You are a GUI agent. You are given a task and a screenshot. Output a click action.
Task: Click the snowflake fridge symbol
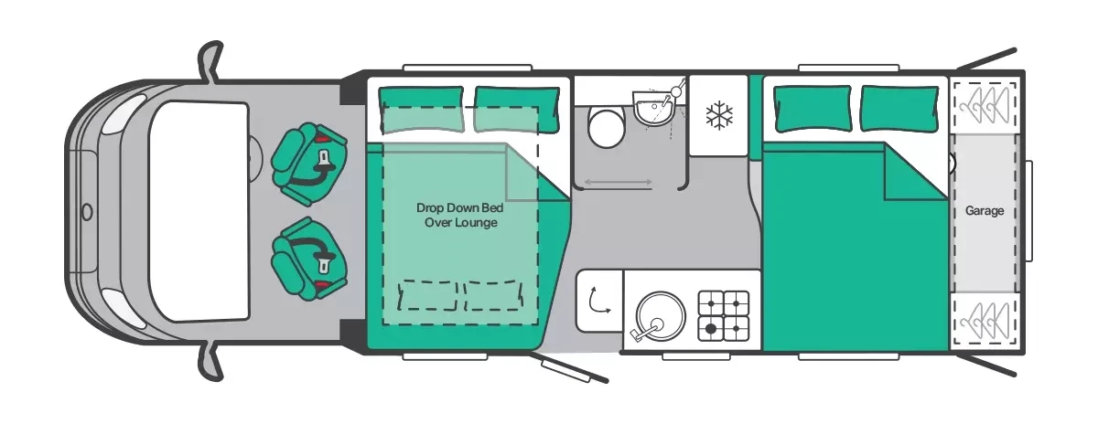pos(719,115)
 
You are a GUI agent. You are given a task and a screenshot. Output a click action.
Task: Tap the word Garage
pos(985,210)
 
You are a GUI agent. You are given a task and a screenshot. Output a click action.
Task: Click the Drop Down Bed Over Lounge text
pos(459,215)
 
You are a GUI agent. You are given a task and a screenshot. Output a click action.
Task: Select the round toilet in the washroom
pos(607,128)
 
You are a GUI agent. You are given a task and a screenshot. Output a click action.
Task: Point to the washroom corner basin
pos(654,106)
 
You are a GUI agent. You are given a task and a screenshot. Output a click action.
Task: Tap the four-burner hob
pos(724,316)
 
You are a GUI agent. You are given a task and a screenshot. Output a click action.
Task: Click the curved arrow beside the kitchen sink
pos(599,300)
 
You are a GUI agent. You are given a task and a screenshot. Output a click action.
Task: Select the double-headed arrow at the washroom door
pos(619,182)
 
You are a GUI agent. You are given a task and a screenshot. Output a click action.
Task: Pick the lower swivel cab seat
pos(309,259)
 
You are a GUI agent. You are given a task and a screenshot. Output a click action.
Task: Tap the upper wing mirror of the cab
pos(211,60)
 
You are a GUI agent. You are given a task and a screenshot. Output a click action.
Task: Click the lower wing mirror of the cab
pos(211,362)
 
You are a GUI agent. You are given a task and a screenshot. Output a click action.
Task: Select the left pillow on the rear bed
pos(813,109)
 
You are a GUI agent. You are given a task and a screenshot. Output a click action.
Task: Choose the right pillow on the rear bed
pos(900,109)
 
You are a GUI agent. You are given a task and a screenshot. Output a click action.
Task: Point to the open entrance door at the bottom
pos(575,369)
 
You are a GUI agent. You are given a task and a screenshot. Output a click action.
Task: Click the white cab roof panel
pos(199,211)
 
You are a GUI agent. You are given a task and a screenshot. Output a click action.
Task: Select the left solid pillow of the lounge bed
pos(422,110)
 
